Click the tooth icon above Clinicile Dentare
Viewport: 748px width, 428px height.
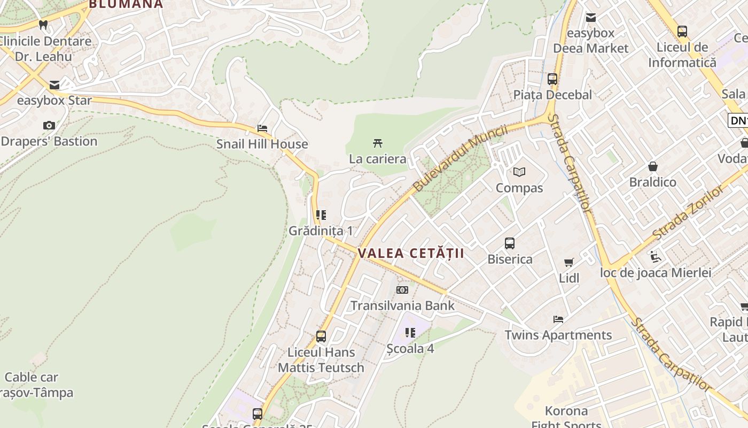click(x=43, y=25)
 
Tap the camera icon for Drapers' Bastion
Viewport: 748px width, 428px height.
click(x=49, y=125)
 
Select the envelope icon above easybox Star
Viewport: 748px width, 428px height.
click(x=54, y=85)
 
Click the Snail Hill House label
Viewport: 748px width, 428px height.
click(x=262, y=144)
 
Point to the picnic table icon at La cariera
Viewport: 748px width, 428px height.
click(x=378, y=143)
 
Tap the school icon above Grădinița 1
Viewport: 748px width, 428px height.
click(x=321, y=215)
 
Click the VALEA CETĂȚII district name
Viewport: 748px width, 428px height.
click(x=411, y=254)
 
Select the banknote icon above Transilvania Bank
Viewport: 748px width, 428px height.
click(x=402, y=290)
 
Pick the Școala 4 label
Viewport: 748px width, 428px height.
click(x=410, y=348)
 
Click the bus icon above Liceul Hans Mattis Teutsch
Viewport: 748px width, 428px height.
click(x=321, y=337)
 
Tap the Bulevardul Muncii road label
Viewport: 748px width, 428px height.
click(x=460, y=158)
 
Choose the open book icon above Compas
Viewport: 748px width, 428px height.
click(x=519, y=172)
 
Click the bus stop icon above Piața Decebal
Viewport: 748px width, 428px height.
click(x=552, y=79)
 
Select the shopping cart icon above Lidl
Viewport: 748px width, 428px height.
click(x=569, y=262)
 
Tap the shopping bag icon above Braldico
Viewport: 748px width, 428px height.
click(x=652, y=166)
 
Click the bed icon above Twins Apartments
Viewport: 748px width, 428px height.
click(x=558, y=319)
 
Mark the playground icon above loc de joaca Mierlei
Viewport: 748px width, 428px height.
click(x=656, y=257)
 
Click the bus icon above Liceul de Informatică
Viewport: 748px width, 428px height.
click(x=682, y=32)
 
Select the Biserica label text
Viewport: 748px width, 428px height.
click(x=510, y=259)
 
